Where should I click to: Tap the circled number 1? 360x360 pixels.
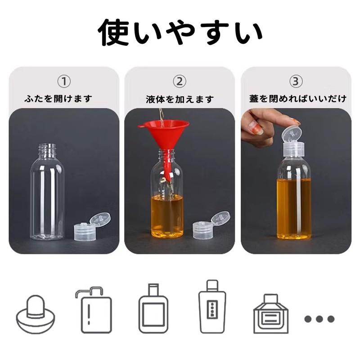click(64, 81)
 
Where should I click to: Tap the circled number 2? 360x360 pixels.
click(180, 81)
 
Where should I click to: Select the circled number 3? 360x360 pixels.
click(295, 81)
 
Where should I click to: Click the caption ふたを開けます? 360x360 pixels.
click(64, 99)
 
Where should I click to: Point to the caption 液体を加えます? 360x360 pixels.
click(180, 99)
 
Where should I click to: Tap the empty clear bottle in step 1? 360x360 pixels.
click(47, 193)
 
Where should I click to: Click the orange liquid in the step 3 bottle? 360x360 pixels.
click(294, 207)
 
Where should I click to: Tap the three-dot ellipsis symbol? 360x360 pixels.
click(319, 319)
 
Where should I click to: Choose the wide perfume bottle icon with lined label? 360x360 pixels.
click(270, 315)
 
